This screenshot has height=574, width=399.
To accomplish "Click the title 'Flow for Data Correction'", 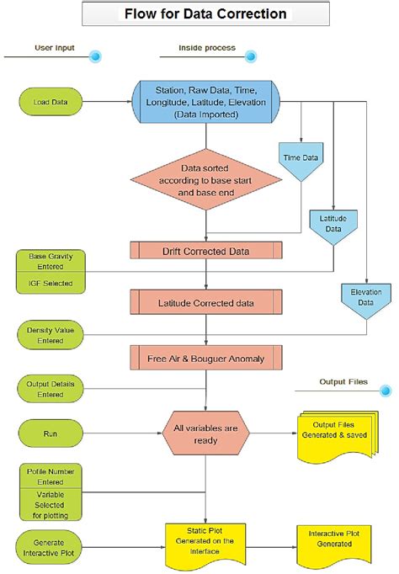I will coord(205,14).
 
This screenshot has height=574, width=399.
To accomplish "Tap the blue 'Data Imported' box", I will coord(205,102).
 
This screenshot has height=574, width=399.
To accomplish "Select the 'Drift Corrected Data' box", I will coord(205,251).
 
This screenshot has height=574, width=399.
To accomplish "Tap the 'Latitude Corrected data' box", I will coord(205,301).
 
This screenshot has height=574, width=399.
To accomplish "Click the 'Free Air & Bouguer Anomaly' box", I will coord(205,359).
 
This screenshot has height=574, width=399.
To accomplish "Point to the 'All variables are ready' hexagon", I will coord(205,434).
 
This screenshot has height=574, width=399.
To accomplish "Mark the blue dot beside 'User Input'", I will coord(95,57).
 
